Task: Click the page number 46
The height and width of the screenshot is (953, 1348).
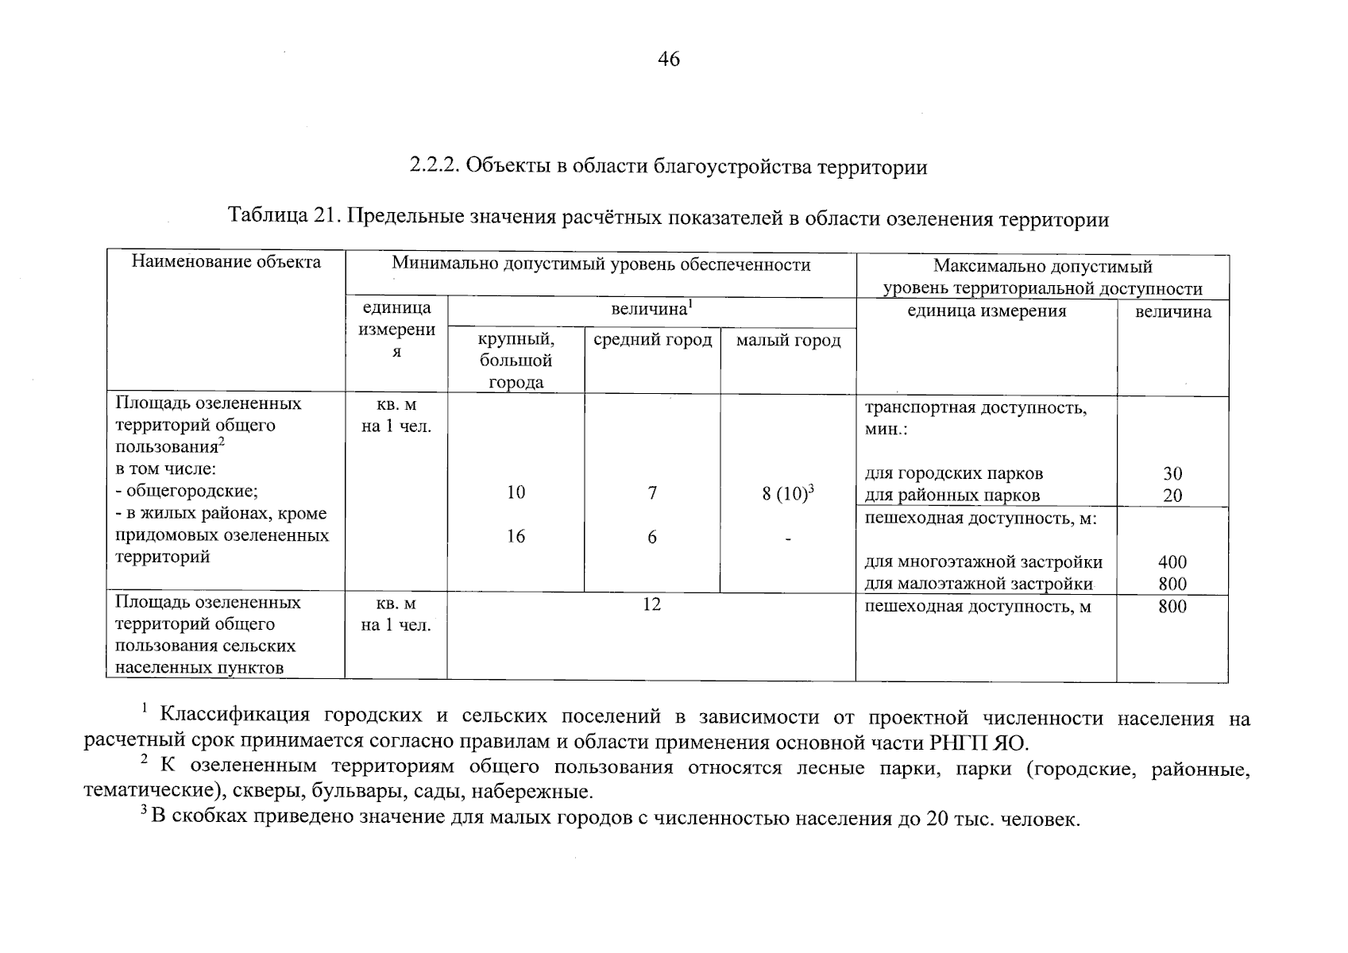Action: point(669,60)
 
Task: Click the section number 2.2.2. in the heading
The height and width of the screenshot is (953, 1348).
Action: point(435,166)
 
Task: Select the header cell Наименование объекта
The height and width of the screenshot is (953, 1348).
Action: point(226,262)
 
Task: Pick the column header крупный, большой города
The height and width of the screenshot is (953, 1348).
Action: point(516,361)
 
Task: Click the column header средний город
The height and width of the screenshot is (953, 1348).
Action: point(652,340)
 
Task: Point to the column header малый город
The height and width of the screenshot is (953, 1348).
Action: point(788,341)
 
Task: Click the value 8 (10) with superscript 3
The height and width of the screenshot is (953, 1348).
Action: point(789,493)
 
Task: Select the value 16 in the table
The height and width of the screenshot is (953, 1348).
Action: point(516,537)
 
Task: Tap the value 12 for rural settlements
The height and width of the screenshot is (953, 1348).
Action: point(651,605)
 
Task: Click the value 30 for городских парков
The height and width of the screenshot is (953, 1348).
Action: point(1172,474)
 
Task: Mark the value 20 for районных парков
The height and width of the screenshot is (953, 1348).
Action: point(1172,496)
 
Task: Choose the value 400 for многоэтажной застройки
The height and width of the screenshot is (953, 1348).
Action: point(1172,562)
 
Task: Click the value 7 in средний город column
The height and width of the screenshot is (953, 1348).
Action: point(652,493)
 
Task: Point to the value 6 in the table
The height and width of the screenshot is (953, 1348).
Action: point(652,538)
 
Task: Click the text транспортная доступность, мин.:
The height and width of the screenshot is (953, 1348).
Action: point(975,419)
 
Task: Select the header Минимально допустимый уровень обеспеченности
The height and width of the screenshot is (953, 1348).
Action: point(601,264)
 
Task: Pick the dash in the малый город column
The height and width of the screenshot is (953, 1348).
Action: point(788,540)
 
